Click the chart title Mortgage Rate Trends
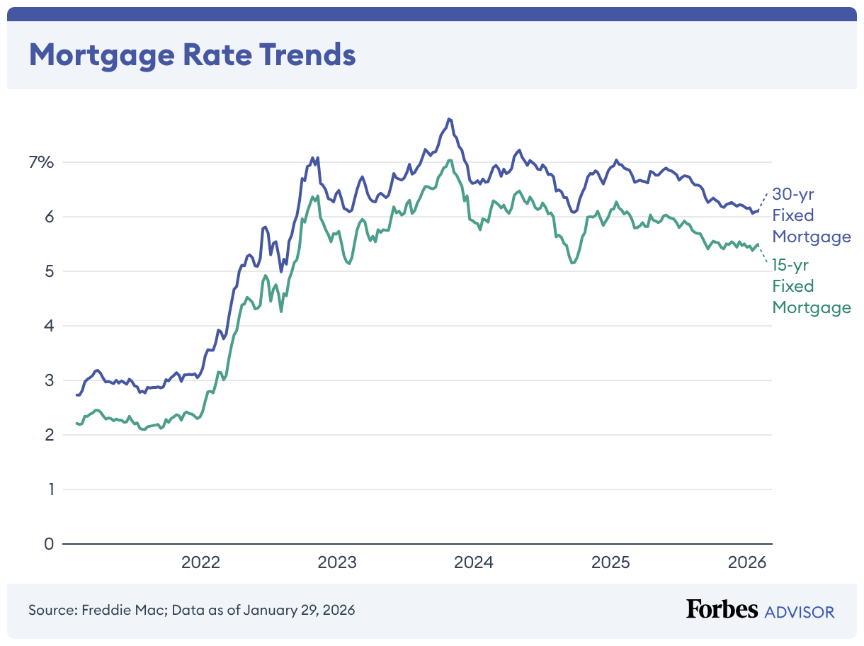(x=192, y=54)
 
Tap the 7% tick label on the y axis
(x=41, y=162)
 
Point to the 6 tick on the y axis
(x=48, y=217)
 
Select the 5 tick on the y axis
(x=48, y=271)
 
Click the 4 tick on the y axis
(x=48, y=326)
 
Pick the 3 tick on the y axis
(x=48, y=380)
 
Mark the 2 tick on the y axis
(x=48, y=435)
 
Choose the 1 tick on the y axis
(x=49, y=489)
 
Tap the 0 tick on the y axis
(x=48, y=544)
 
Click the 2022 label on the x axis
(x=201, y=563)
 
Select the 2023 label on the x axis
(x=337, y=563)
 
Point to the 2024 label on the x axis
(x=473, y=563)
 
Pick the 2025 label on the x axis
(x=610, y=563)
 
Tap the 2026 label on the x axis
(x=746, y=563)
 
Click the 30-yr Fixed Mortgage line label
(x=811, y=215)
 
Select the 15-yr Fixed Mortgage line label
(x=811, y=286)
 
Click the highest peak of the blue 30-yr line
(x=449, y=118)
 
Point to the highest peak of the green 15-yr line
(x=449, y=160)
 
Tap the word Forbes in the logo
(x=722, y=609)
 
